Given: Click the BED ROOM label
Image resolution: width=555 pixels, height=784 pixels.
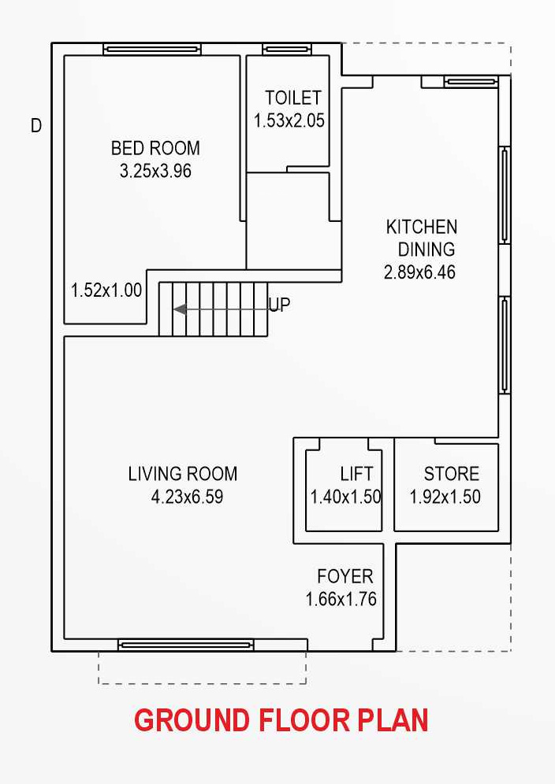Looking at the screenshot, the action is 155,148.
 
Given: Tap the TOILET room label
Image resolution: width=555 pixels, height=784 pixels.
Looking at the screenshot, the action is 293,98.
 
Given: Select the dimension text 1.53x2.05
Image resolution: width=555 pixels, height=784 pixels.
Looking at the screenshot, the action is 289,120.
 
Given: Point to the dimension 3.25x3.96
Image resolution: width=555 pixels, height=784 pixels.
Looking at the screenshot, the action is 156,171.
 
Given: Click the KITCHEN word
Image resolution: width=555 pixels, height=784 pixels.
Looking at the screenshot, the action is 421,227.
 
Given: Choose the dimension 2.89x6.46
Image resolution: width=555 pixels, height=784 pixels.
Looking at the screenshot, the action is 419,272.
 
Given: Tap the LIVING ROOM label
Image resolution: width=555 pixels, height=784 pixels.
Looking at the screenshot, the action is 183,474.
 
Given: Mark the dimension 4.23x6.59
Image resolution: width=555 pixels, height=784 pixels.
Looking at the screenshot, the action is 187,497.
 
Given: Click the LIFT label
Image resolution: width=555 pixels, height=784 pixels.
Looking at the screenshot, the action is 356,474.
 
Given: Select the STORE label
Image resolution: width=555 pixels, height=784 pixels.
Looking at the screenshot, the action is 451,474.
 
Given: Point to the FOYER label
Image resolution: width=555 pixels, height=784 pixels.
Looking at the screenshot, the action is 345,576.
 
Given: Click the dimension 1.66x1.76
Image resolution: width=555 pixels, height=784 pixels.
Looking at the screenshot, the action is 341,599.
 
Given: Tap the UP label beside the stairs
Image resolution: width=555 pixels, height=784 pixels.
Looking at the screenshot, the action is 279,304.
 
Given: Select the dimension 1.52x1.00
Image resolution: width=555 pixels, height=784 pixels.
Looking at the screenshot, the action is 106,290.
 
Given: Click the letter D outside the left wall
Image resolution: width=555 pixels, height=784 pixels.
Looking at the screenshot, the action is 36,125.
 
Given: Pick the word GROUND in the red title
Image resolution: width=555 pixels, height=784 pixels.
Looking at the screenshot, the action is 192,720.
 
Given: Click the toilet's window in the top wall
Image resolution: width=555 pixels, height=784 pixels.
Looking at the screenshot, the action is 287,49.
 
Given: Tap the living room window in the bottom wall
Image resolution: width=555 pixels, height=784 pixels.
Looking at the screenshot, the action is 186,645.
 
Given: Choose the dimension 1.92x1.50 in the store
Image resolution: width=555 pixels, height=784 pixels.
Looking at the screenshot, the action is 445,497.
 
